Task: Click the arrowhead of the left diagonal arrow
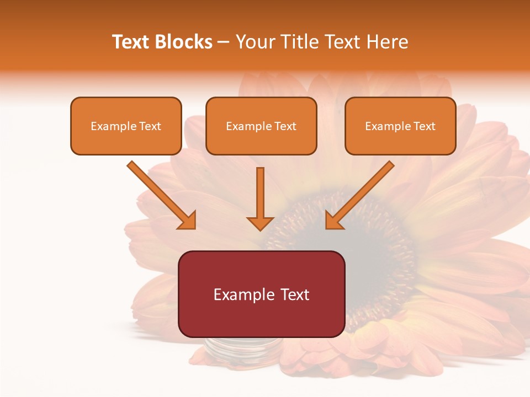(188, 221)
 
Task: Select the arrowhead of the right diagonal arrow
(333, 221)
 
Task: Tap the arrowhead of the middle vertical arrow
(260, 223)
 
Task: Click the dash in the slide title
(224, 42)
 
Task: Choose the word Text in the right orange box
(425, 126)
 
